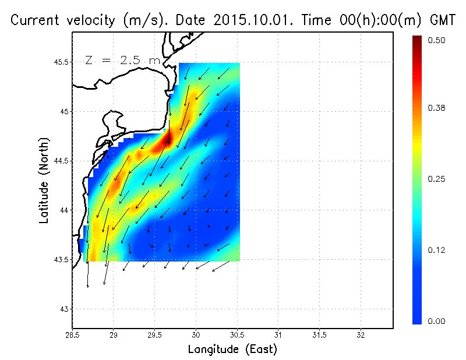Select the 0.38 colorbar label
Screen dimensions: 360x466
(437, 108)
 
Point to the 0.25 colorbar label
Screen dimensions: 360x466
(437, 179)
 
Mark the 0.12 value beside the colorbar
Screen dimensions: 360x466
(437, 250)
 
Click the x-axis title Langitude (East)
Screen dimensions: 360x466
(232, 350)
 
